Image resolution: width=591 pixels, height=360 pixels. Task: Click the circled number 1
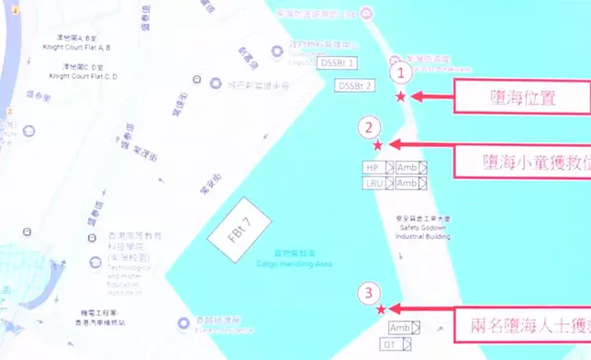coord(400,73)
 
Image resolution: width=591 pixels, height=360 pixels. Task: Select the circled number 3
coord(368,294)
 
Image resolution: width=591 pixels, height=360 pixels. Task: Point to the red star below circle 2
coord(377,144)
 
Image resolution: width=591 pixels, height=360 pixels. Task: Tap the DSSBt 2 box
coord(356,85)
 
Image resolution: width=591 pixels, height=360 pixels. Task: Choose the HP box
coord(372,168)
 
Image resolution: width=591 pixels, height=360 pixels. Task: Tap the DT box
coord(389,344)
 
